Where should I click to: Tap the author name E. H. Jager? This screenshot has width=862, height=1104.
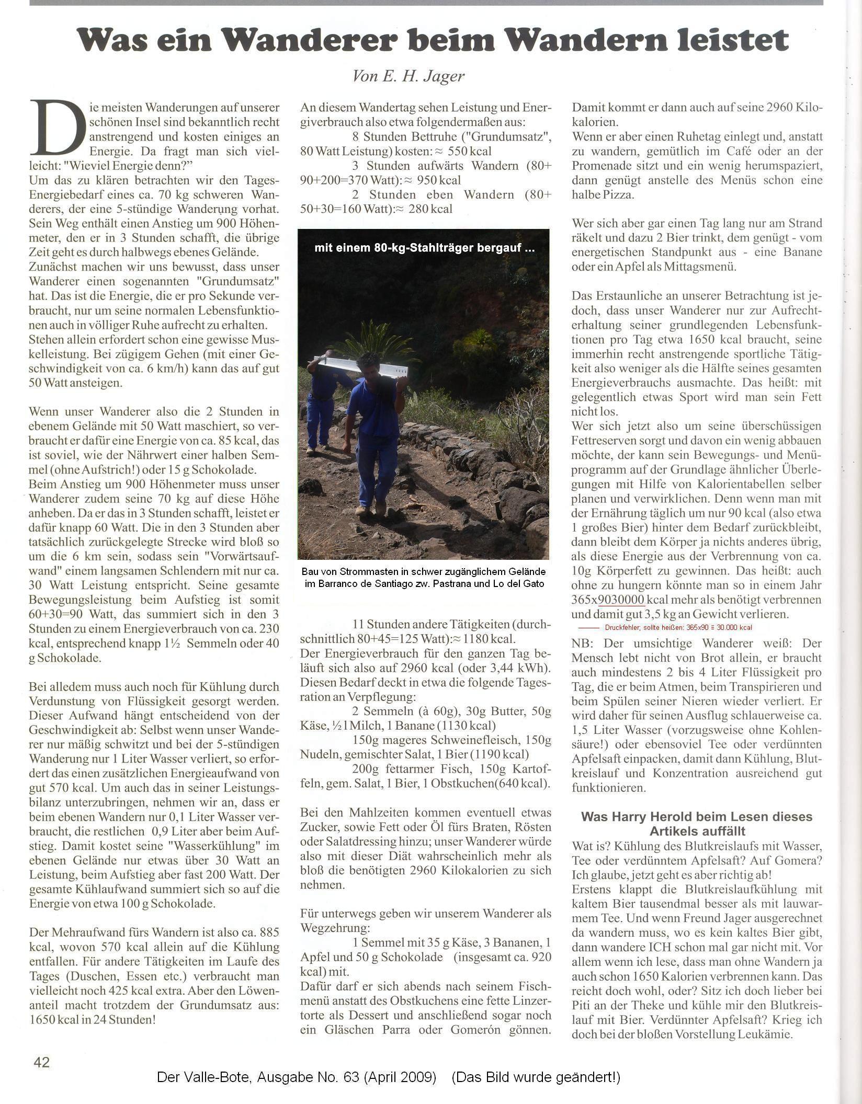pyautogui.click(x=409, y=77)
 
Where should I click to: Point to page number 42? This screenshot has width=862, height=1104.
pyautogui.click(x=41, y=1062)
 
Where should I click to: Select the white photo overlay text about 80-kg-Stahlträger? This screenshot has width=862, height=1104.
pyautogui.click(x=424, y=248)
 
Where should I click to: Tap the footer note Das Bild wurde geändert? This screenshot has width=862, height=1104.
pyautogui.click(x=536, y=1077)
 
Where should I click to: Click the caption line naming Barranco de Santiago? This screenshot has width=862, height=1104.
pyautogui.click(x=424, y=584)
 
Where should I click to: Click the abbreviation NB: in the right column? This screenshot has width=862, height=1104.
pyautogui.click(x=583, y=643)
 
